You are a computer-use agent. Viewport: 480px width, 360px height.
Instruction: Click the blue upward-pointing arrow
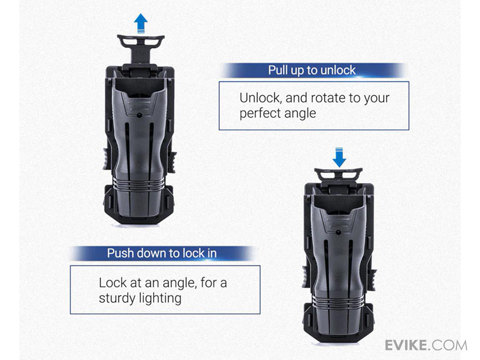141,23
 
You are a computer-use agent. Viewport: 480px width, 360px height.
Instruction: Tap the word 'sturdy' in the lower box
117,298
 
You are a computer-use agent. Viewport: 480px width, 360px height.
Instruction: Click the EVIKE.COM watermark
426,345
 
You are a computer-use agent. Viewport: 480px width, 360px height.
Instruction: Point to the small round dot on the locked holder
338,232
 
